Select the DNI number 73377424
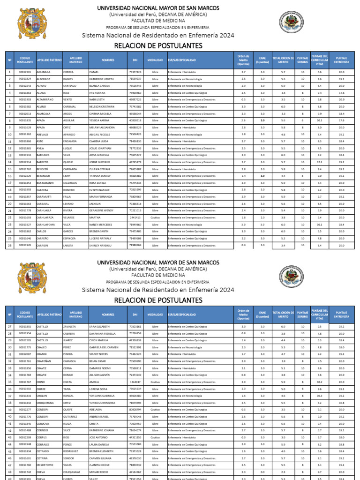(x=135, y=72)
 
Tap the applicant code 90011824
(x=25, y=79)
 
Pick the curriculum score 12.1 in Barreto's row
(x=319, y=162)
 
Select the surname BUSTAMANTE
(x=46, y=183)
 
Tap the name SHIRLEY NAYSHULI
(x=101, y=245)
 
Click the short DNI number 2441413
(x=135, y=217)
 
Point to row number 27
(x=9, y=326)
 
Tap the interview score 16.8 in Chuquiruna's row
(x=341, y=403)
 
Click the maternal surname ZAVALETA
(x=69, y=326)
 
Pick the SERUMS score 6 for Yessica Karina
(x=303, y=120)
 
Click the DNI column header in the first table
(x=135, y=60)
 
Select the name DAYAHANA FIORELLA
(x=102, y=333)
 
